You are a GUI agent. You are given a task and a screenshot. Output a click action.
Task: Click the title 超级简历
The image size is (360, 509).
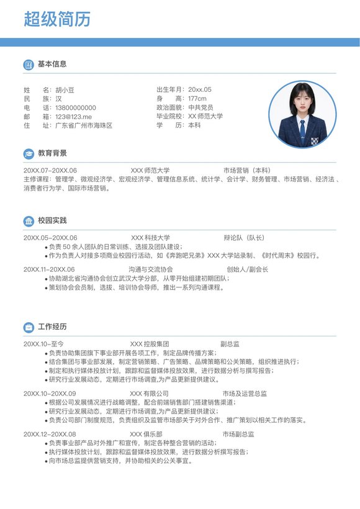tap(57, 19)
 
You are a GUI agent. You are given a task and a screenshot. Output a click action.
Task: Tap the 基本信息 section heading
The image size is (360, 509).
tap(52, 64)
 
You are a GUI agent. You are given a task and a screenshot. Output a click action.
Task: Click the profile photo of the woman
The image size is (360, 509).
tap(303, 114)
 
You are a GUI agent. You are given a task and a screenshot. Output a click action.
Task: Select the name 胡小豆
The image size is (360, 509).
tap(65, 90)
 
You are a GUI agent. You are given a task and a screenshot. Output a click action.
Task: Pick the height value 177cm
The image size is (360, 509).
tap(197, 99)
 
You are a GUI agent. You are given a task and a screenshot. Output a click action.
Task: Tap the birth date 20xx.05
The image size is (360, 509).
tap(200, 90)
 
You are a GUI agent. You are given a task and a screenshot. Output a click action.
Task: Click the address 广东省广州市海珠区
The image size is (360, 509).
tap(84, 125)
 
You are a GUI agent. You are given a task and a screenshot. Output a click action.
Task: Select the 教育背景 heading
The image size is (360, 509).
tap(52, 153)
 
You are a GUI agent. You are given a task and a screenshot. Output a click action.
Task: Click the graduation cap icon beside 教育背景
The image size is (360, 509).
tap(29, 154)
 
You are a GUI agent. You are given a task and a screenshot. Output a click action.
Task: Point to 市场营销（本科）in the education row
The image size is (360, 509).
tap(247, 170)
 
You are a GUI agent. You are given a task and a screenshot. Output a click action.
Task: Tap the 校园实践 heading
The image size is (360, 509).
tap(52, 221)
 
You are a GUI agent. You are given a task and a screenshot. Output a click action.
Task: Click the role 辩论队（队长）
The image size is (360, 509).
tap(244, 238)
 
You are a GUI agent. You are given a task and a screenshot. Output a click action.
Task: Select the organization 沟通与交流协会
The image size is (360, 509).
tap(151, 269)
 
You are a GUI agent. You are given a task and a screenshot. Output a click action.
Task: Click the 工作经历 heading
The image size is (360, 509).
tap(52, 327)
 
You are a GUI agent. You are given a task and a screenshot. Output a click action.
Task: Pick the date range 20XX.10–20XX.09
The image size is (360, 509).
tap(50, 394)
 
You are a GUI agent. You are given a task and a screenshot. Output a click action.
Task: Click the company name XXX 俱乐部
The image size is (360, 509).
tap(146, 434)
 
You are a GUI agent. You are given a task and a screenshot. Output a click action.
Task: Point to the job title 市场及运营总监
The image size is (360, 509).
tap(245, 394)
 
